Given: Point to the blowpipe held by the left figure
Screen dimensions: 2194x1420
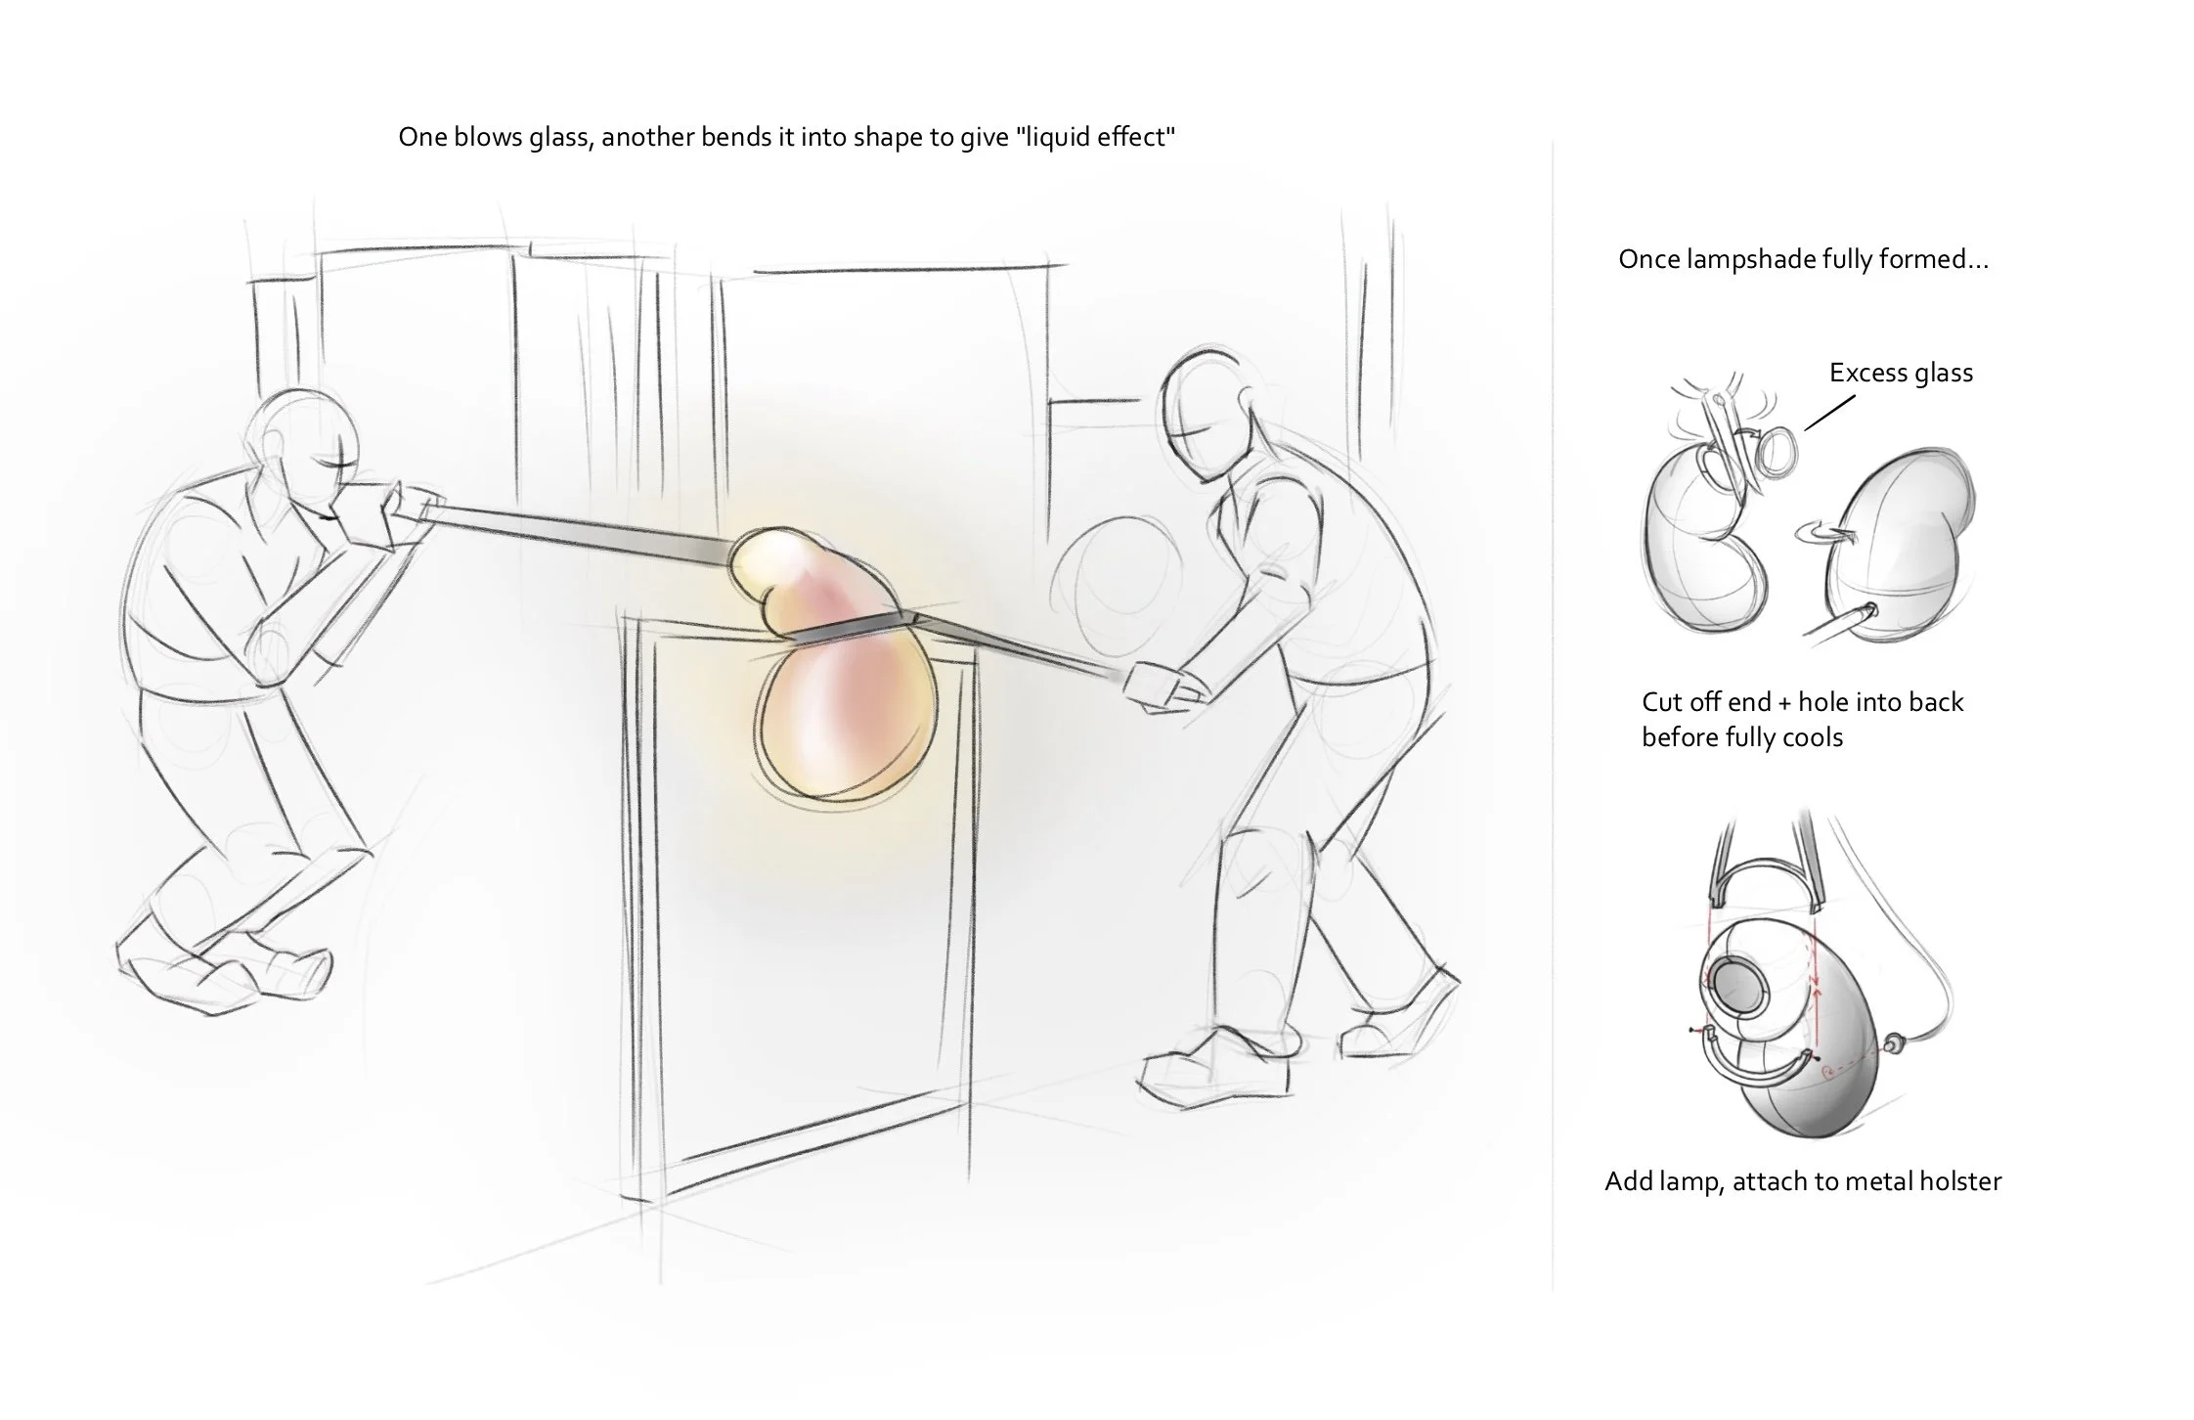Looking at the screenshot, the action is pyautogui.click(x=577, y=536).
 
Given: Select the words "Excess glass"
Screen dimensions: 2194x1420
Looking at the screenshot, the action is pyautogui.click(x=1901, y=373).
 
